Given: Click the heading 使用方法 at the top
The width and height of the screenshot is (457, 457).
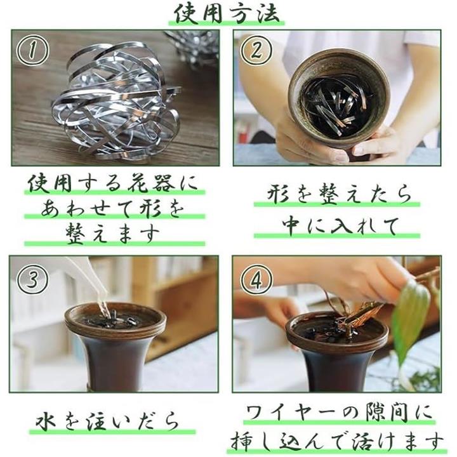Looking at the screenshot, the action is coord(227,13).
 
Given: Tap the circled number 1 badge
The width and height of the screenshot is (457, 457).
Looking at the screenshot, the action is coord(32,50).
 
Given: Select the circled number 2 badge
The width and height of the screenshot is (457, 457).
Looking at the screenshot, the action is coord(256,50).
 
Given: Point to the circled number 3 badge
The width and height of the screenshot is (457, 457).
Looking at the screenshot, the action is coord(32,279).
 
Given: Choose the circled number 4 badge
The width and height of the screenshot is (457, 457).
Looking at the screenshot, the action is coord(256,279).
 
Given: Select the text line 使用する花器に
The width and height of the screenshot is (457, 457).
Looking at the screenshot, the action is coord(113,183).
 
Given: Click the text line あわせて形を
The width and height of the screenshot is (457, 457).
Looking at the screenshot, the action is coord(113,209).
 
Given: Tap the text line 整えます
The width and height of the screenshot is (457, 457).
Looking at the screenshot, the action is coord(113,234).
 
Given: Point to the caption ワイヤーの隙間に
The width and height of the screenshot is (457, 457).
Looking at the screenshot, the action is coord(338,413).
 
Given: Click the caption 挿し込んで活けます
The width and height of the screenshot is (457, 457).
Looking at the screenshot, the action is coord(337,442).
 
